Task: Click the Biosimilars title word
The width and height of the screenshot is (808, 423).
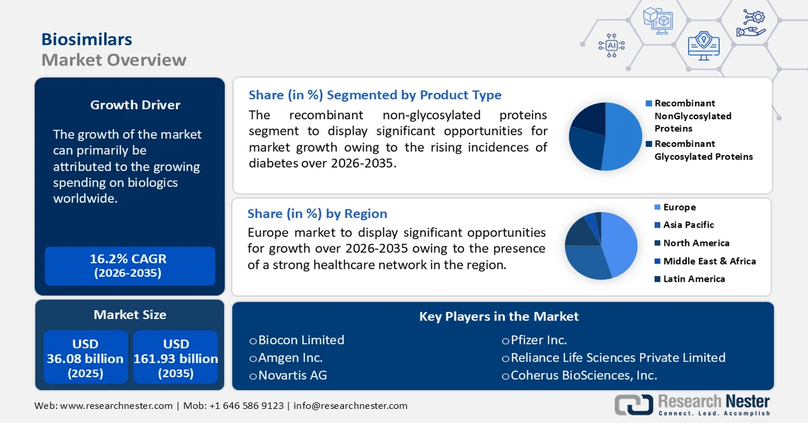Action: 86,39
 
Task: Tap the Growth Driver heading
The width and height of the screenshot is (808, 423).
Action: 135,105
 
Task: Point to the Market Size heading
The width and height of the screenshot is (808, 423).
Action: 130,315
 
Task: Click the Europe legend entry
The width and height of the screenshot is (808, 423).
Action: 679,207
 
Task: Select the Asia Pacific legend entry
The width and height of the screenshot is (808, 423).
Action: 688,225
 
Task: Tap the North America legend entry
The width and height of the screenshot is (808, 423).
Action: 696,243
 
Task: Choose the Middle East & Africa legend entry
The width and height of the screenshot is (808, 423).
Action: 709,261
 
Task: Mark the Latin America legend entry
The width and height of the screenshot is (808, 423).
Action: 694,279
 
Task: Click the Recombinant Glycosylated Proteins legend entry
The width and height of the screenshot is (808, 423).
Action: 703,150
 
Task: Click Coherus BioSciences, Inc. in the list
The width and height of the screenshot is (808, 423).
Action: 583,375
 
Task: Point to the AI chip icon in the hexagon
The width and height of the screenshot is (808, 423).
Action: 611,45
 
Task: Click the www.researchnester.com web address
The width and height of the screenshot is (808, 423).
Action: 116,405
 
